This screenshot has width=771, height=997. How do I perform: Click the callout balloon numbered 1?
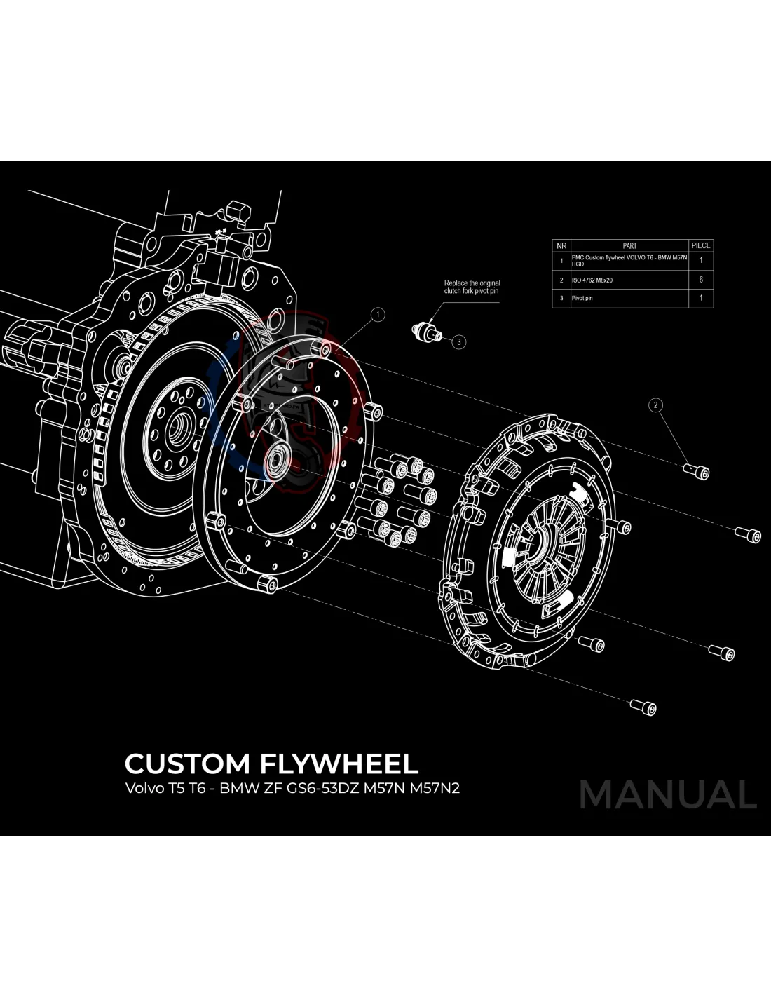coord(378,315)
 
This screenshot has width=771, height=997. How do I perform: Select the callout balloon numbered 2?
coord(656,405)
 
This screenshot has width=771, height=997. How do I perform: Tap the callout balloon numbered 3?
coord(458,342)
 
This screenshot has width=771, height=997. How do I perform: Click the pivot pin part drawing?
coord(427,331)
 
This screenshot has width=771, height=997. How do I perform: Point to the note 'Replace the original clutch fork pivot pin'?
coord(472,287)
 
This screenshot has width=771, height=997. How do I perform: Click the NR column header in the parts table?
coord(561,246)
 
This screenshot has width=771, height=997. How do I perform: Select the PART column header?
coord(629,246)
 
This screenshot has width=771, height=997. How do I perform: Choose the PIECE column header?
coord(701,246)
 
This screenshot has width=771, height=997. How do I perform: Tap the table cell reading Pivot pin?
coord(582,298)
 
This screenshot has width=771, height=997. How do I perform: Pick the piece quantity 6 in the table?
coord(701,280)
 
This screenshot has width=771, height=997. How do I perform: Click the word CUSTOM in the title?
coord(187,764)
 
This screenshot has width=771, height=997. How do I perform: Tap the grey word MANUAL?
coord(668,795)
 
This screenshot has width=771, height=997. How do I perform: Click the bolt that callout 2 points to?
coord(700,473)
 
